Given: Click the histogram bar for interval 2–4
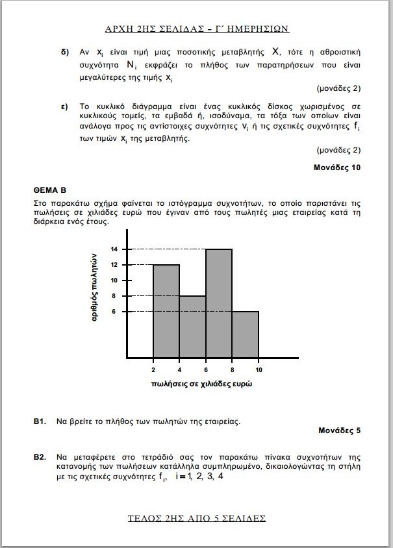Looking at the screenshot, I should pyautogui.click(x=166, y=311).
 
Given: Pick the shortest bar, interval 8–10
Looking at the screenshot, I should pyautogui.click(x=246, y=334).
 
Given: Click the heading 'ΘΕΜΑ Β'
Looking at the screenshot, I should pyautogui.click(x=50, y=191).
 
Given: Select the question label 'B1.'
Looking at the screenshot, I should pyautogui.click(x=40, y=421).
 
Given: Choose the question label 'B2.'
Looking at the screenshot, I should pyautogui.click(x=40, y=458).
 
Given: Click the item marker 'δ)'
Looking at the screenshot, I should pyautogui.click(x=65, y=51).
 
